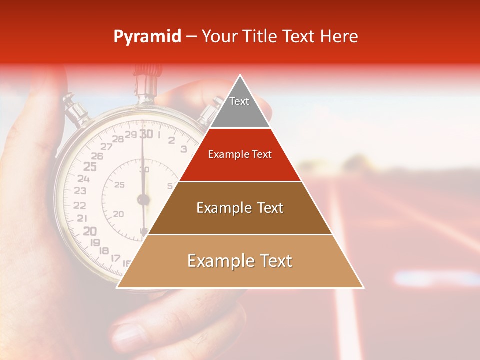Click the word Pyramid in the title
pyautogui.click(x=147, y=37)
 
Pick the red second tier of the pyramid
pyautogui.click(x=240, y=155)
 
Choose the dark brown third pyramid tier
pyautogui.click(x=240, y=208)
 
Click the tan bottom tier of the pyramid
pyautogui.click(x=240, y=261)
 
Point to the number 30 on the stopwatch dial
pyautogui.click(x=146, y=134)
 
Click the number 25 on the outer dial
pyautogui.click(x=90, y=166)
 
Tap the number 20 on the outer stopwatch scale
pyautogui.click(x=89, y=231)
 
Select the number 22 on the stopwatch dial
pyautogui.click(x=79, y=205)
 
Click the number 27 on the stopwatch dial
pyautogui.click(x=106, y=146)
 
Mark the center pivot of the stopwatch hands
pyautogui.click(x=143, y=200)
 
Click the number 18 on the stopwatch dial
pyautogui.click(x=105, y=251)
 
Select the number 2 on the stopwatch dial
pyautogui.click(x=171, y=140)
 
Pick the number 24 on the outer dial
pyautogui.click(x=83, y=178)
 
